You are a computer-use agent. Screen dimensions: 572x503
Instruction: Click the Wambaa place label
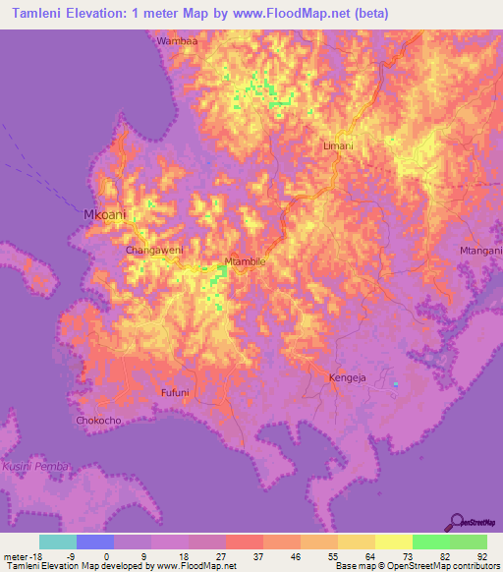click(x=177, y=41)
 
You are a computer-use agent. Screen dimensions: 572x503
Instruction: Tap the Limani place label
click(x=338, y=145)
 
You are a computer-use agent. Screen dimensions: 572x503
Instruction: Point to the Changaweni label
click(x=154, y=251)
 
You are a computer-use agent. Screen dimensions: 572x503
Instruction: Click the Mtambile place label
click(x=246, y=261)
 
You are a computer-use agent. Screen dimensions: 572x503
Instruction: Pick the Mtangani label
click(x=480, y=252)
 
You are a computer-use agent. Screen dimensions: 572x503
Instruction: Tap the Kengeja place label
click(x=346, y=377)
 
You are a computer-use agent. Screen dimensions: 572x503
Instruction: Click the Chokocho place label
click(x=98, y=421)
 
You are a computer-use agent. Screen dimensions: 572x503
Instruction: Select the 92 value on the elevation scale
click(x=481, y=557)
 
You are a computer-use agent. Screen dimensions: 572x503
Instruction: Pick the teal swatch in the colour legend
click(x=58, y=542)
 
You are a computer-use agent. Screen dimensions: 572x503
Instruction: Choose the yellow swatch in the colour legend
click(x=394, y=542)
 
